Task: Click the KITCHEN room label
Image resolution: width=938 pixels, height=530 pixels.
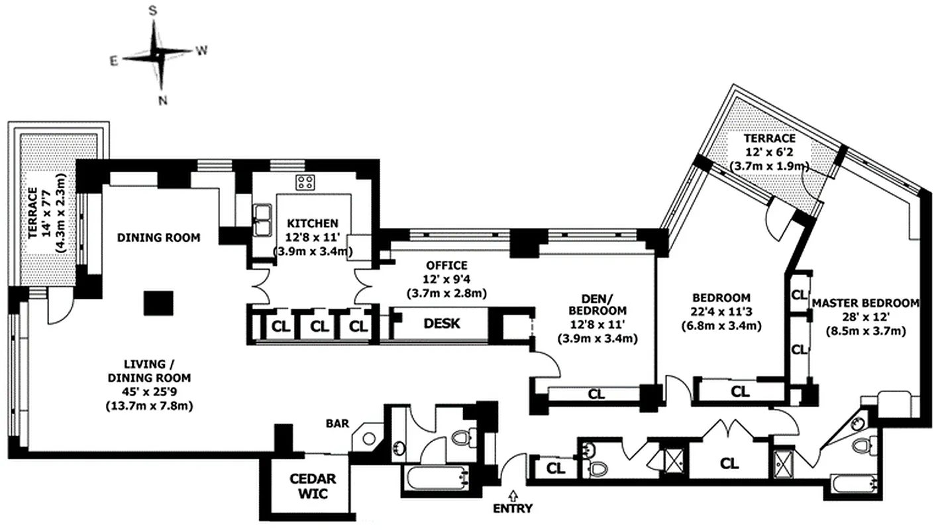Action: pos(313,223)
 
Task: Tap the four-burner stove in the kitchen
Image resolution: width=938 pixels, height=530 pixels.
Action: pos(305,182)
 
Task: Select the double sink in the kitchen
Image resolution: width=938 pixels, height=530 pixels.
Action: pos(262,220)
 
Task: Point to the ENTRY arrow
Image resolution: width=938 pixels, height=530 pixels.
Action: pos(513,496)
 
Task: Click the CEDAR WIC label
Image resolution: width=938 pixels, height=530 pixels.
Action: pos(313,486)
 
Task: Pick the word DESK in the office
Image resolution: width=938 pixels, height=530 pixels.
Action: pos(442,323)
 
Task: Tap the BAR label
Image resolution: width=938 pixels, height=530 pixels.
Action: pos(338,423)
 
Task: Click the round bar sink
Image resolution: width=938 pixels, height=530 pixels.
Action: pos(369,439)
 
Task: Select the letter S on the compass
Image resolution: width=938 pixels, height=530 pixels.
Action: pos(153,11)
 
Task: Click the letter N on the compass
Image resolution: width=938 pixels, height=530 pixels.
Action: pos(163,101)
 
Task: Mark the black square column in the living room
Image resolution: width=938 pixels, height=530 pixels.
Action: pos(158,303)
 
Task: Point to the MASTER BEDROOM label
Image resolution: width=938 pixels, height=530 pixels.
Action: pos(866,303)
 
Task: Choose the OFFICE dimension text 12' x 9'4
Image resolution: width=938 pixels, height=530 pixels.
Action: pos(446,279)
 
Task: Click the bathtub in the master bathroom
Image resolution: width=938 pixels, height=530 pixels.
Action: pos(855,485)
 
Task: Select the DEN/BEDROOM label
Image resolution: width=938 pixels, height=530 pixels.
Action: pos(598,304)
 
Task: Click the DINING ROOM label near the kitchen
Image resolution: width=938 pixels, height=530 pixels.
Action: pos(159,237)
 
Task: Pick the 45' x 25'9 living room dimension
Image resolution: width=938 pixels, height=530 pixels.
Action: pos(150,392)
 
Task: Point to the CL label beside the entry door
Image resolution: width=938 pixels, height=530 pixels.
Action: pos(556,468)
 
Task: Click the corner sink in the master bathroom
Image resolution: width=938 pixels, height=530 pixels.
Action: pos(858,423)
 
